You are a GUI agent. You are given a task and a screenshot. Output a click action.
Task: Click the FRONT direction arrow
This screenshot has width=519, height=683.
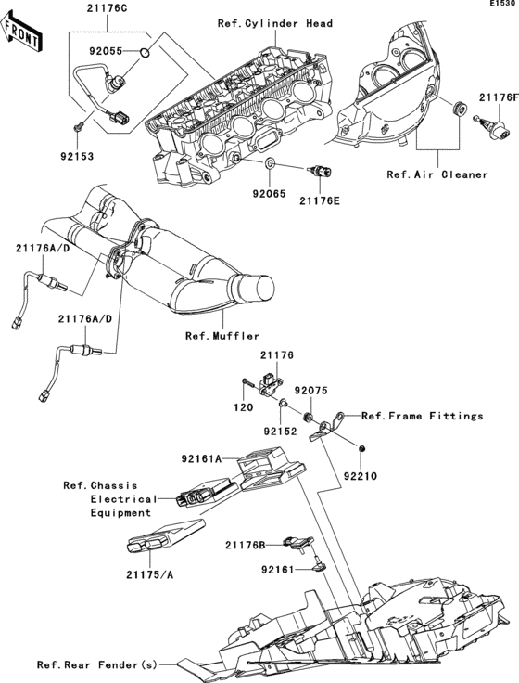coord(21,31)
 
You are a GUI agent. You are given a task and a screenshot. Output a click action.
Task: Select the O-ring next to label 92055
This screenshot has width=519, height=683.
coord(145,53)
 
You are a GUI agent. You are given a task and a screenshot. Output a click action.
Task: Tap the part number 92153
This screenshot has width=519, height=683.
coord(77,156)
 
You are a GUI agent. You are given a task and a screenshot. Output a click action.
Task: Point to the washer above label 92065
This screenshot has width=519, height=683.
coord(270,163)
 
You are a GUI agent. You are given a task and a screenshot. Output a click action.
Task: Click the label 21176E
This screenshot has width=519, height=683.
coord(320,200)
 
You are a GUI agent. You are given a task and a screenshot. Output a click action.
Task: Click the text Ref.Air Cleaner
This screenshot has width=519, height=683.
coord(437,174)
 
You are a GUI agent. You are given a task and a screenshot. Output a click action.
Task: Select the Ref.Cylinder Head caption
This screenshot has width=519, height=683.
coord(275,23)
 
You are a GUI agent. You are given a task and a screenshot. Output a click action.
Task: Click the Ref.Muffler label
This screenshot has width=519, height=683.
coord(222,336)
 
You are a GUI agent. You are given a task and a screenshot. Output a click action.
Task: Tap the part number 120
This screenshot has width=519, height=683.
coord(244,406)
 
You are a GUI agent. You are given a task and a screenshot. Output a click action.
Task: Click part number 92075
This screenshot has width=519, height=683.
coord(310,391)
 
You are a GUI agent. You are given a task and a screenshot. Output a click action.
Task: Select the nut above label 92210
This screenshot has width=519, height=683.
coord(361,448)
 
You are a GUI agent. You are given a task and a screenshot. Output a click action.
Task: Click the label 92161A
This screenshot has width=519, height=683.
coord(201,458)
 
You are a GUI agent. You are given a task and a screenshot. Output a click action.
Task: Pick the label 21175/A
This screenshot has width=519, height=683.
coord(149,574)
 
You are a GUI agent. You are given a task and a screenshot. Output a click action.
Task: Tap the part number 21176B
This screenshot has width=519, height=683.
coord(246,545)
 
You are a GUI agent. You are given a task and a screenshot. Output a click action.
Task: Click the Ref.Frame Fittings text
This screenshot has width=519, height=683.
coord(423,416)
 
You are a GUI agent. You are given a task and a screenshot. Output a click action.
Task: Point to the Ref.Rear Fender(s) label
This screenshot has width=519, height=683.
coord(96,664)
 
